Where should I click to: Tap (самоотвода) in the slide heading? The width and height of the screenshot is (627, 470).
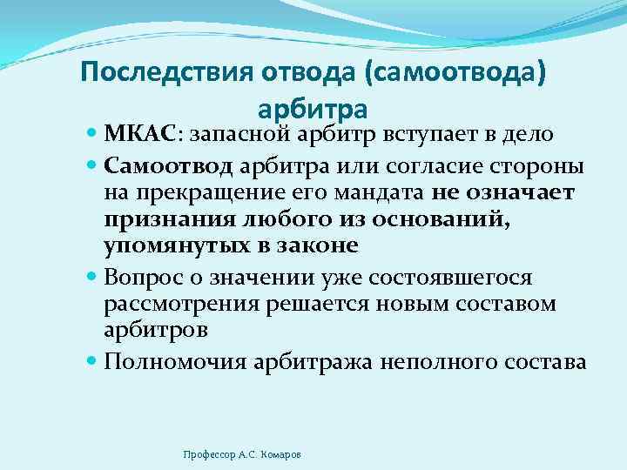coord(457,73)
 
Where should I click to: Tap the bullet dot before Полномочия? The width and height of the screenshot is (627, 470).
coord(92,359)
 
